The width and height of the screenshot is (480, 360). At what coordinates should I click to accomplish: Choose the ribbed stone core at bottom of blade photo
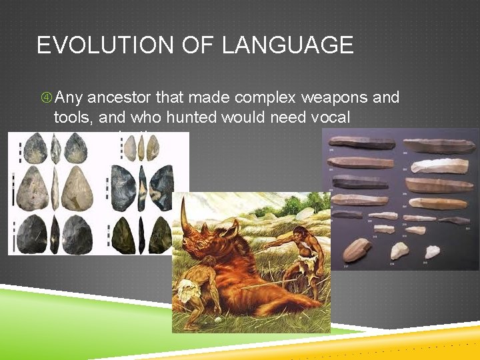(359, 249)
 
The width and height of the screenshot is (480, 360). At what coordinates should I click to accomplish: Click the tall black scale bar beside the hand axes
(13, 193)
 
